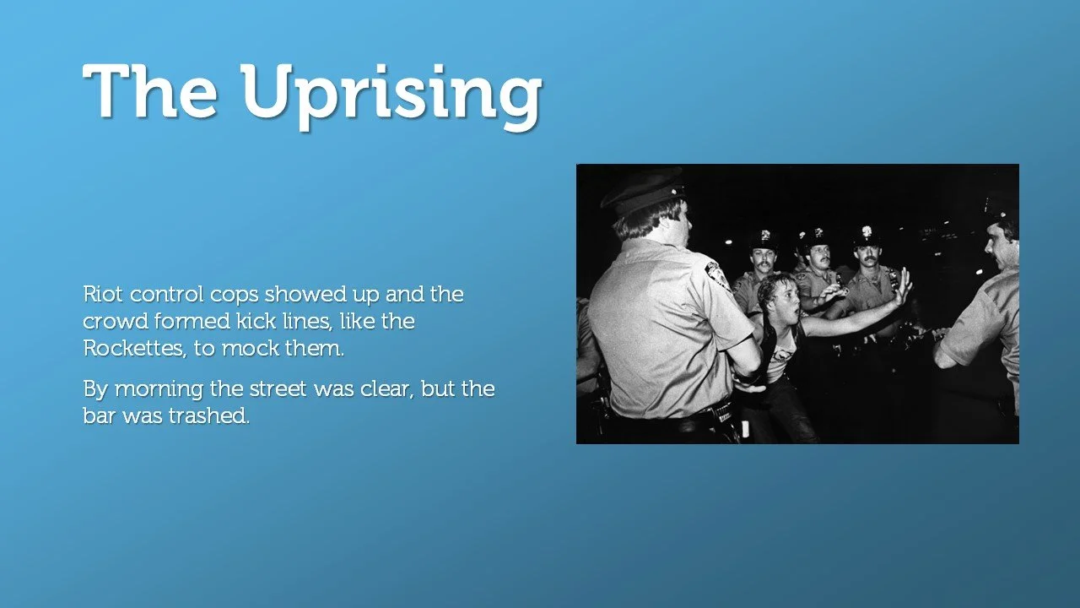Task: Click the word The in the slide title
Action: pyautogui.click(x=150, y=91)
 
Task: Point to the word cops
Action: pyautogui.click(x=234, y=295)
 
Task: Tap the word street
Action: pyautogui.click(x=289, y=390)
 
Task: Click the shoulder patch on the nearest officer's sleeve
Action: pyautogui.click(x=718, y=275)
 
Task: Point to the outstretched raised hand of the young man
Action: pyautogui.click(x=903, y=285)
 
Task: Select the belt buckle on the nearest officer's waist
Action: pyautogui.click(x=724, y=413)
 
